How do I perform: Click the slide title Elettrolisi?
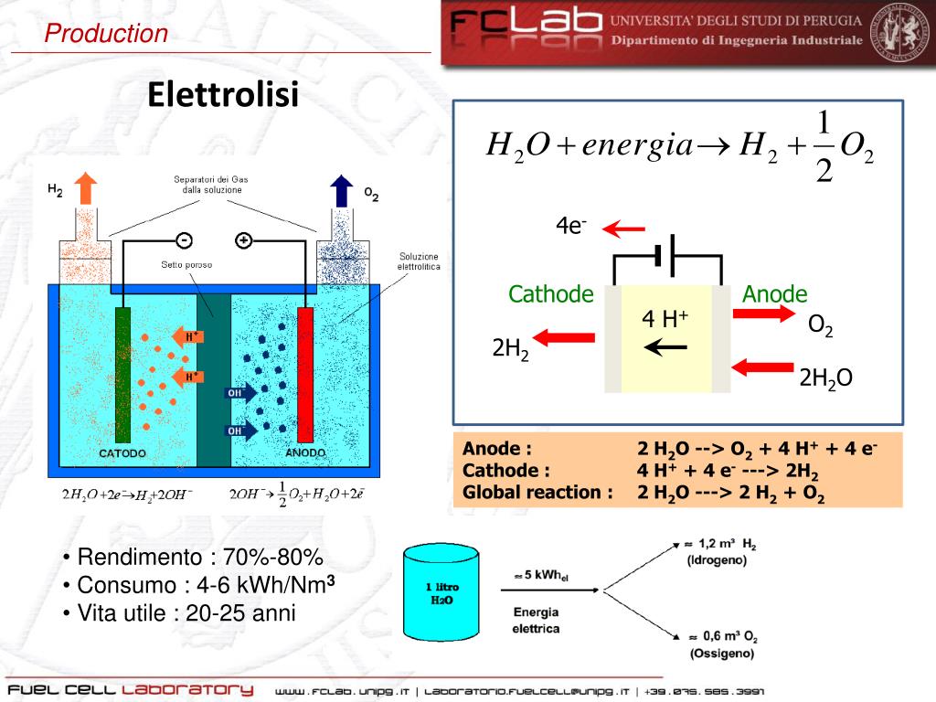(223, 93)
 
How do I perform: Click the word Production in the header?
(107, 35)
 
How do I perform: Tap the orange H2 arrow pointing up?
(85, 188)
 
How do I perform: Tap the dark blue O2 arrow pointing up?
(341, 189)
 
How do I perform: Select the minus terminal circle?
(185, 240)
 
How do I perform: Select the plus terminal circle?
(243, 240)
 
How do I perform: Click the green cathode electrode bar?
(123, 375)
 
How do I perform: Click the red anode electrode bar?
(305, 375)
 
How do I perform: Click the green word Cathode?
(551, 294)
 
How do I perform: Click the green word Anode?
(775, 294)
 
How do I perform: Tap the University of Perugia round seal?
(899, 33)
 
